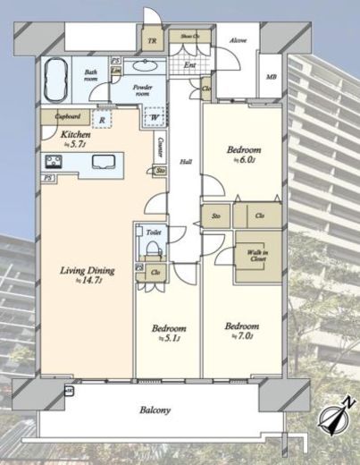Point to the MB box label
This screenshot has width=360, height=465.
[x=271, y=77]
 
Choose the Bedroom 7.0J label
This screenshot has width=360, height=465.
[x=242, y=330]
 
